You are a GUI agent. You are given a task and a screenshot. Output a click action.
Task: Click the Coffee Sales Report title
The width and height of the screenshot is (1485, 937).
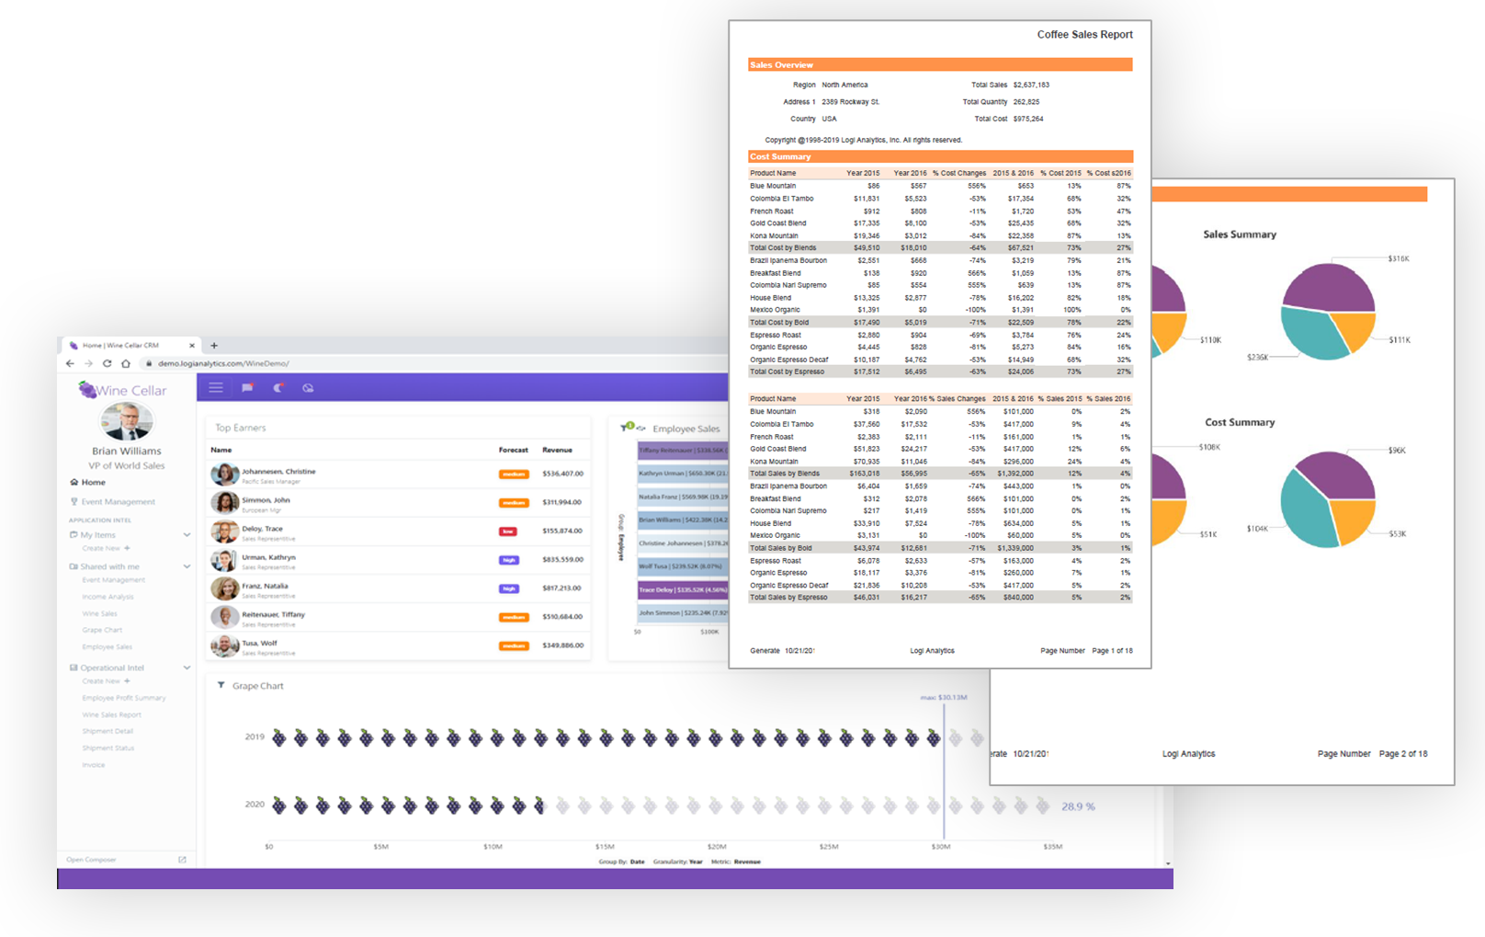(1084, 35)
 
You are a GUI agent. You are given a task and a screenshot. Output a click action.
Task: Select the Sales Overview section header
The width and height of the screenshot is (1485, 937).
(781, 65)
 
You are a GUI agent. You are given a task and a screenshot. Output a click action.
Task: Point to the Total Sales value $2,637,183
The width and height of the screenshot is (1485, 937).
(1031, 85)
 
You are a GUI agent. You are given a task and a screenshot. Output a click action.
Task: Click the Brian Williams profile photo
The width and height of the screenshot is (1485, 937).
(127, 422)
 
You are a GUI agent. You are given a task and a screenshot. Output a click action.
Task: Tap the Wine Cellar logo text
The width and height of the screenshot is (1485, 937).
(131, 391)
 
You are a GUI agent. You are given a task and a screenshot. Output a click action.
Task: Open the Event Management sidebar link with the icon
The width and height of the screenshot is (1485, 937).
(118, 502)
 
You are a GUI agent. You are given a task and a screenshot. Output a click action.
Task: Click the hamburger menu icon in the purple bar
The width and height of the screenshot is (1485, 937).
(216, 388)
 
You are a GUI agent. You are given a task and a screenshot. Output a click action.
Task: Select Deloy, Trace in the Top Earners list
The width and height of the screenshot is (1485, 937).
(262, 529)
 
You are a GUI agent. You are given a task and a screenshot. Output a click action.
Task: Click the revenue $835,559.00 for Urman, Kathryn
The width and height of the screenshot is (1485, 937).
(562, 559)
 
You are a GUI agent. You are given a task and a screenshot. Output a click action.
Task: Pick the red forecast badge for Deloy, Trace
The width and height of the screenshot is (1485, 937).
(507, 531)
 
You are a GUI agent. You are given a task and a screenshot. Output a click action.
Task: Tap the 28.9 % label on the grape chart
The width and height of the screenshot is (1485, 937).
(1078, 806)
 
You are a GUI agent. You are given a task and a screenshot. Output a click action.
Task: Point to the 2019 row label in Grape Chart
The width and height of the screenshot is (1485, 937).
(255, 737)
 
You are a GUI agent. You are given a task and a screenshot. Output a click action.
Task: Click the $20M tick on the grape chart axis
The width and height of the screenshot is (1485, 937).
(717, 847)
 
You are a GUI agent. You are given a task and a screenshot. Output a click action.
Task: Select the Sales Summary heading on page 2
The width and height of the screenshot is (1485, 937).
(1240, 234)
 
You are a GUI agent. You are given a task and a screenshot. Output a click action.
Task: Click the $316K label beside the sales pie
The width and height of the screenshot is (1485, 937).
(1398, 259)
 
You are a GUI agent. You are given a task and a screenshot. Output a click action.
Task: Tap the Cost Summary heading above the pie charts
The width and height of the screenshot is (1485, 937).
(1240, 422)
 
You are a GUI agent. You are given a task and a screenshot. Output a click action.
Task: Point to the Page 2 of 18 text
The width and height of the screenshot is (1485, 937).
(1403, 754)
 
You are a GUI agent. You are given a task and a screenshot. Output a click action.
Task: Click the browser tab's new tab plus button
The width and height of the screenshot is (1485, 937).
(214, 346)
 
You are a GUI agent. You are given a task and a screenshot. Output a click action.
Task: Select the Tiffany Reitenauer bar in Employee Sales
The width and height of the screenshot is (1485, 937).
(682, 451)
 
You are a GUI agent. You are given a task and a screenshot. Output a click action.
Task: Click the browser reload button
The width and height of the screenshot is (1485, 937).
(107, 363)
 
